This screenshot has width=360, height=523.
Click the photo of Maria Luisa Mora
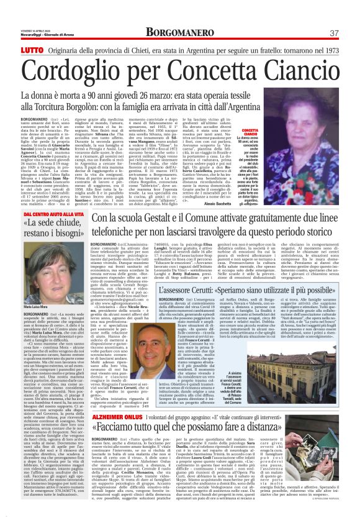click(x=39, y=265)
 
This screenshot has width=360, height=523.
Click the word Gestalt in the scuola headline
click(x=167, y=219)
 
